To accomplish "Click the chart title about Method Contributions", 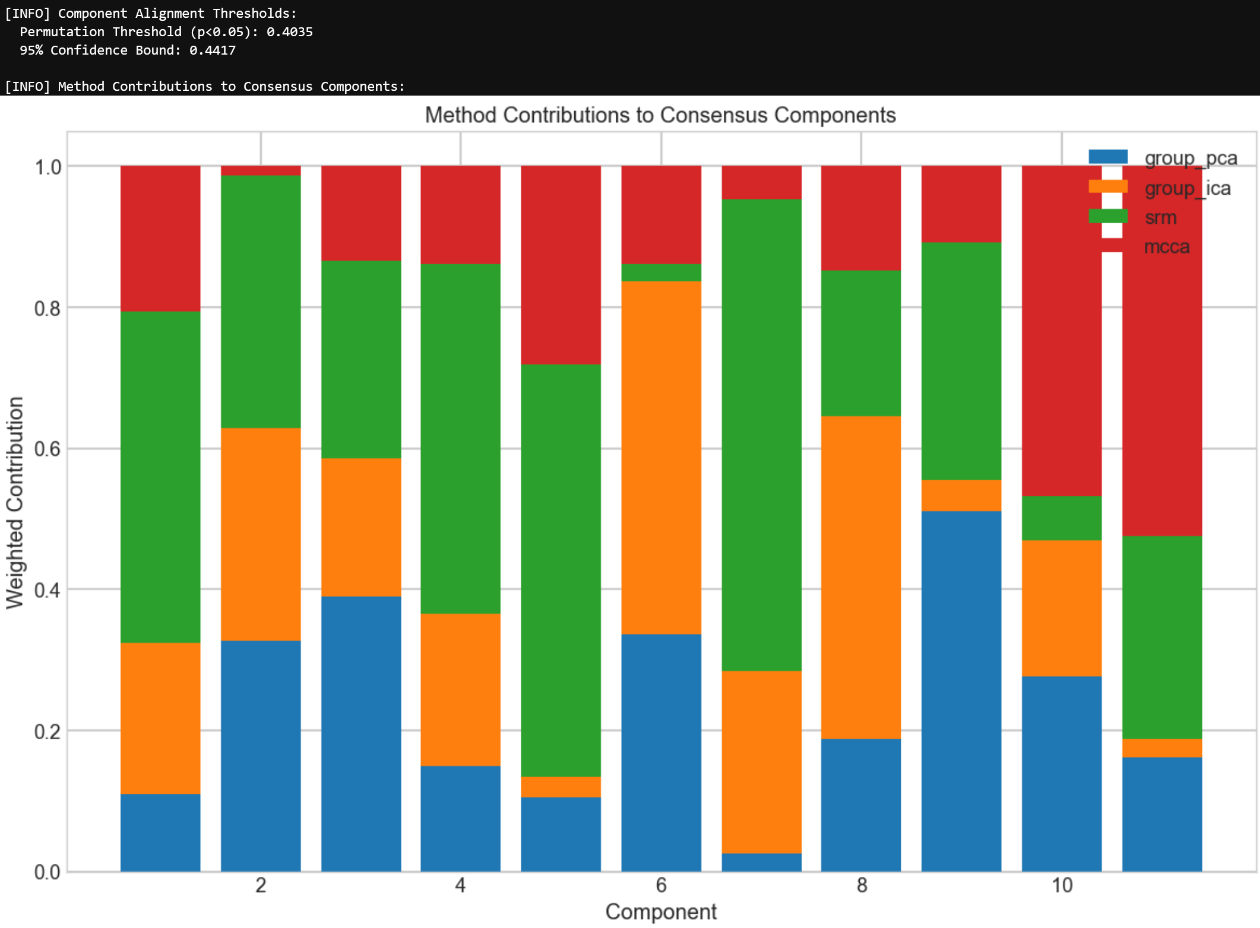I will (x=660, y=115).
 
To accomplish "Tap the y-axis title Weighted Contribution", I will (x=15, y=502).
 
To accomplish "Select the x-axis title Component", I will (x=660, y=911).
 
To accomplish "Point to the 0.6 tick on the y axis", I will (x=48, y=449).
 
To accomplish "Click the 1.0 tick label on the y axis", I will (x=48, y=167).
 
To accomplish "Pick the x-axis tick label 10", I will (x=1062, y=885).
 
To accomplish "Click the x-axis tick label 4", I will (x=460, y=885).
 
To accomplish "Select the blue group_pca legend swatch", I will (x=1107, y=157).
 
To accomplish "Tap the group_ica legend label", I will (x=1188, y=188).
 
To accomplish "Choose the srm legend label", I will (x=1160, y=217).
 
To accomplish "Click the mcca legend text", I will (x=1166, y=246).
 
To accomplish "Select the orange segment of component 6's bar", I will (x=661, y=457).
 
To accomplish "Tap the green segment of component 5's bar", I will (x=561, y=570).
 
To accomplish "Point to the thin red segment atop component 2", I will (x=261, y=170).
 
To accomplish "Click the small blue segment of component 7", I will (x=761, y=862).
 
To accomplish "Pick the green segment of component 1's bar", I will (x=160, y=477).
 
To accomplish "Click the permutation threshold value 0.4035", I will (x=289, y=32).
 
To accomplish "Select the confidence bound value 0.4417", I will (x=212, y=50).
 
